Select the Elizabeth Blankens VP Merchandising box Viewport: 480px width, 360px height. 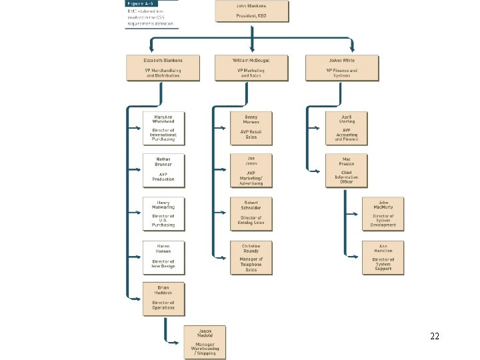pos(163,68)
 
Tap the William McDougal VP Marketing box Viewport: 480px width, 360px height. pos(251,68)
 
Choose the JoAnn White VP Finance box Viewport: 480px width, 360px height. pos(341,68)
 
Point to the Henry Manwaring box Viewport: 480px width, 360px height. pos(163,213)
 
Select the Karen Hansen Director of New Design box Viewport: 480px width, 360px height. pos(163,257)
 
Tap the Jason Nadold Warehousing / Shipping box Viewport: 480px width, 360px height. pos(205,341)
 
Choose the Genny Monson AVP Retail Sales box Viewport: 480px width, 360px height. pos(251,127)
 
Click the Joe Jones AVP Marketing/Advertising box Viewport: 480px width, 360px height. pos(251,171)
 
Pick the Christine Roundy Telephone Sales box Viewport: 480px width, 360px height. pos(251,257)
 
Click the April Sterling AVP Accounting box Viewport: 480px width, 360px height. pos(346,127)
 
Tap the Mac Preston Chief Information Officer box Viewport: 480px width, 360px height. pos(346,170)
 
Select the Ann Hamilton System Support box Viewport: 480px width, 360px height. pos(383,257)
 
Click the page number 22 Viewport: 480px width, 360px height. pos(435,337)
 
